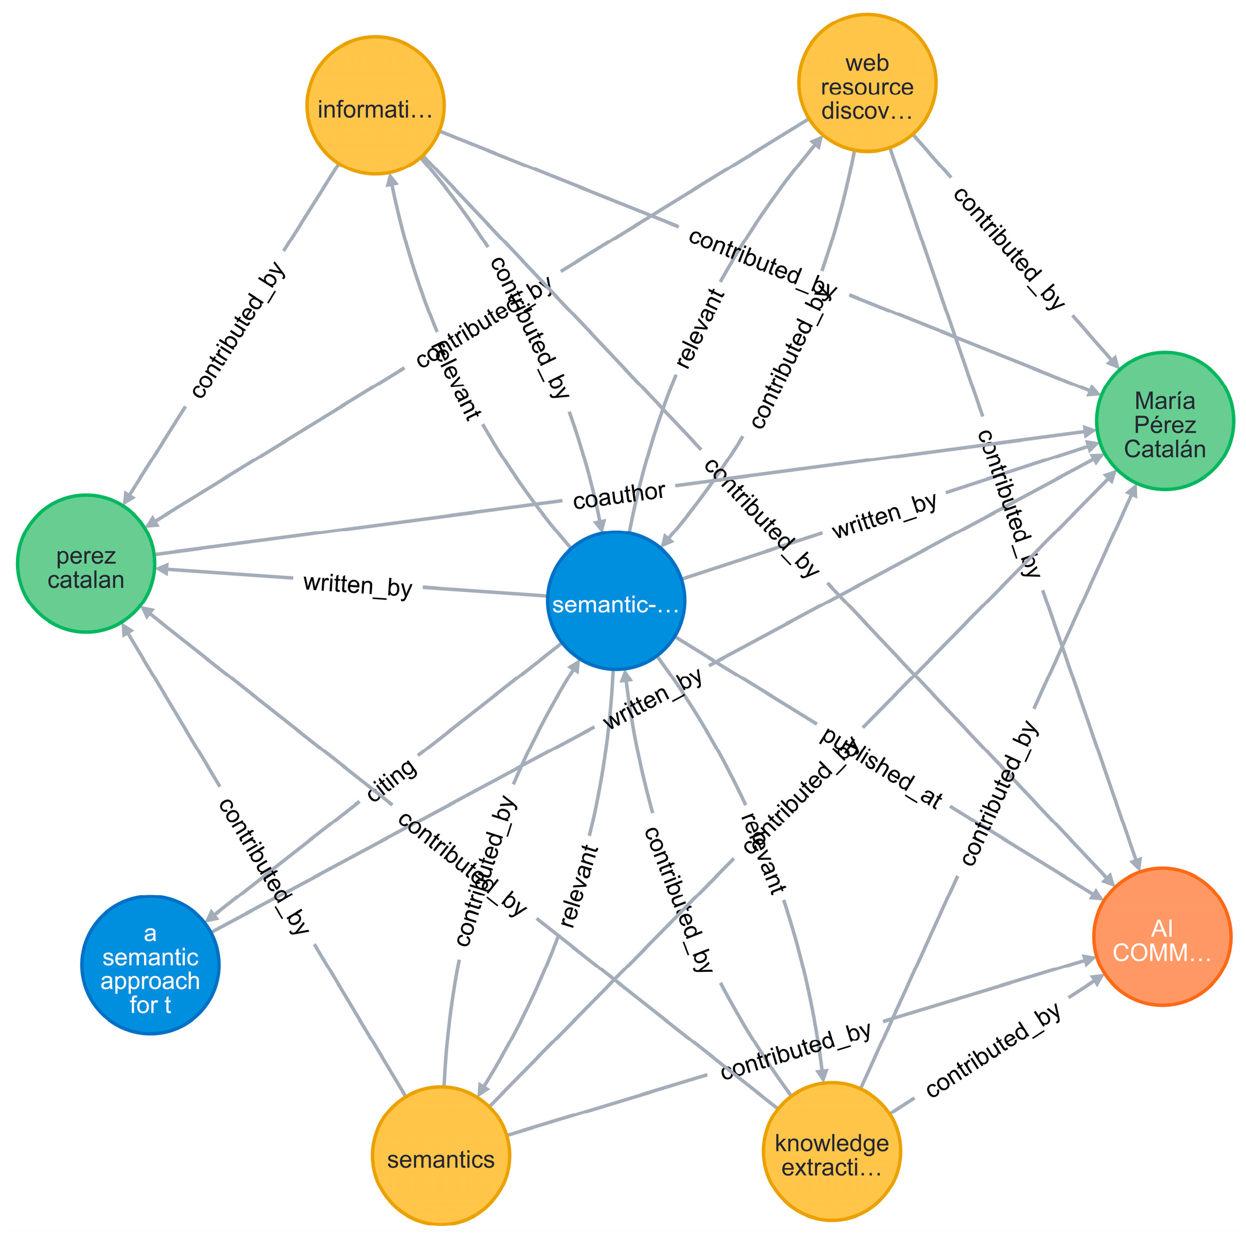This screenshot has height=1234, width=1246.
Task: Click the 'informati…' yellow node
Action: pos(375,105)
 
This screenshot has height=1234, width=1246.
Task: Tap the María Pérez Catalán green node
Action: pos(1164,421)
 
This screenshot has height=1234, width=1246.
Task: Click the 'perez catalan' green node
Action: pos(86,563)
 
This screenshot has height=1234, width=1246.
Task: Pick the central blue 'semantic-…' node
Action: pos(615,600)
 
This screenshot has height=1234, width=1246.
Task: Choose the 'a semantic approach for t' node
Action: pos(150,964)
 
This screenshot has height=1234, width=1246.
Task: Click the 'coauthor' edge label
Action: pos(619,495)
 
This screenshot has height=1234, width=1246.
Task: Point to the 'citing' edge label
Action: pos(391,782)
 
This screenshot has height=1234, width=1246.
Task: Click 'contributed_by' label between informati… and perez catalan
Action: pos(238,330)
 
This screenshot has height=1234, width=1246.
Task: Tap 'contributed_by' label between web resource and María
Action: pos(1008,248)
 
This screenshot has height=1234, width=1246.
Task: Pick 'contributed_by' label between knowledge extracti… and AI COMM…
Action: pos(993,1050)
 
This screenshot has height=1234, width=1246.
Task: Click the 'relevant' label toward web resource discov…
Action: pos(700,329)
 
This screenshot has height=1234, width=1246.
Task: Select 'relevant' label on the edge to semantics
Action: pos(578,887)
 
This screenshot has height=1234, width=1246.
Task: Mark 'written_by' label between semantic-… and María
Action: pos(884,516)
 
